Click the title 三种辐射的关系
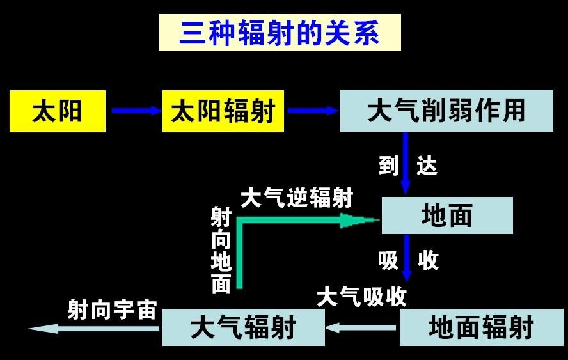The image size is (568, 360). (280, 33)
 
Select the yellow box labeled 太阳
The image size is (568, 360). (58, 111)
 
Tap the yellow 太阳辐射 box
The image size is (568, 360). (223, 111)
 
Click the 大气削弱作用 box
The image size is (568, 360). (446, 110)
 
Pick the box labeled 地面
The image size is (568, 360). (447, 215)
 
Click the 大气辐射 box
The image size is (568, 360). (243, 328)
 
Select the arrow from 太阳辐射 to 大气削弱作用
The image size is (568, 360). (312, 111)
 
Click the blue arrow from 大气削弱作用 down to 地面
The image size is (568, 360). (405, 163)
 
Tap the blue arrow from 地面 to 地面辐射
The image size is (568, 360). (406, 260)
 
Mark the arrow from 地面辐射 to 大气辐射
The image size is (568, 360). (361, 328)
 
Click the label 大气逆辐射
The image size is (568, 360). (296, 198)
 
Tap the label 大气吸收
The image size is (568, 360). (361, 297)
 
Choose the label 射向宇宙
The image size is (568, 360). (112, 309)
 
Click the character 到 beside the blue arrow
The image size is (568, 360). (388, 166)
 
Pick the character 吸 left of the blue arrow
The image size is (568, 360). (388, 260)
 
